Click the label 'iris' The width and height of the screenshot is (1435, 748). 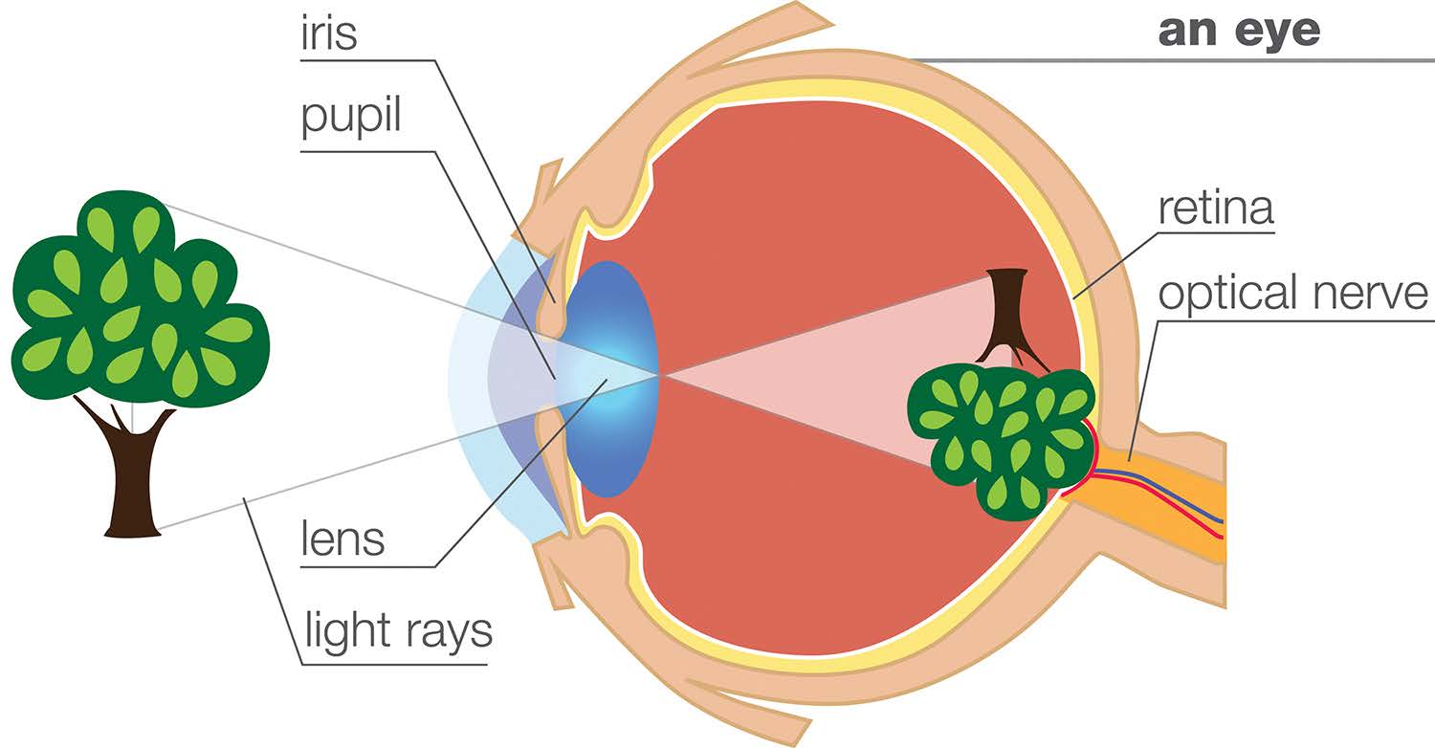pyautogui.click(x=328, y=33)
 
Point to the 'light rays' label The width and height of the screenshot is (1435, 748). pyautogui.click(x=397, y=632)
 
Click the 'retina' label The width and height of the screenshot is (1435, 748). pyautogui.click(x=1215, y=209)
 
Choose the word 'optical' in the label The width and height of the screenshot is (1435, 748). pyautogui.click(x=1234, y=294)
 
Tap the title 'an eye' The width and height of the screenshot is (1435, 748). pyautogui.click(x=1239, y=32)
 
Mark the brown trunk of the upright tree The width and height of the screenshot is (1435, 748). pyautogui.click(x=132, y=478)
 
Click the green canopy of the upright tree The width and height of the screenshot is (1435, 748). pyautogui.click(x=134, y=297)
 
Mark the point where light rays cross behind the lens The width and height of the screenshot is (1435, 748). pyautogui.click(x=659, y=374)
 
